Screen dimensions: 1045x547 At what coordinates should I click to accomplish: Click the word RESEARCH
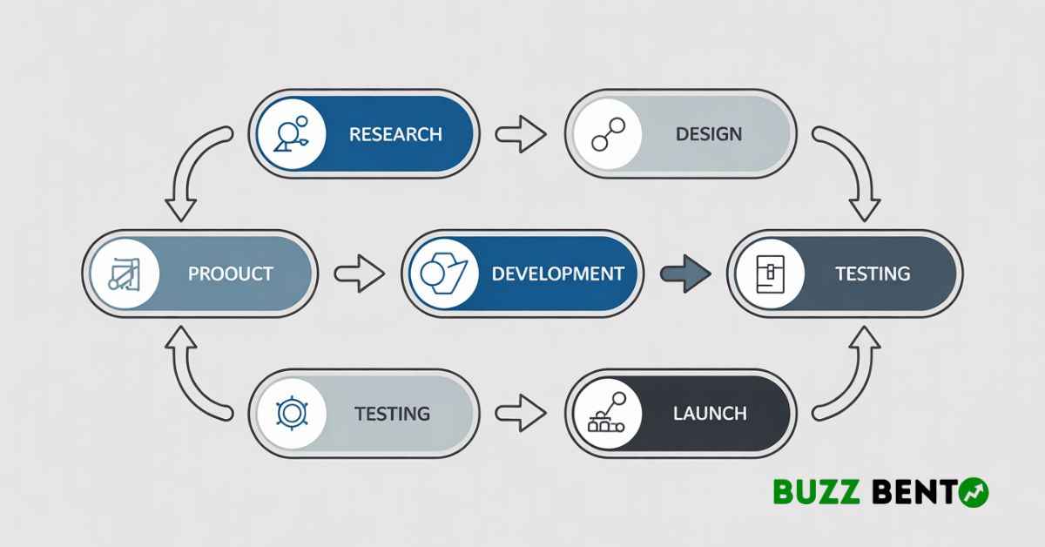pyautogui.click(x=395, y=134)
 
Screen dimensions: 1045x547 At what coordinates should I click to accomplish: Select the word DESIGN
pyautogui.click(x=709, y=134)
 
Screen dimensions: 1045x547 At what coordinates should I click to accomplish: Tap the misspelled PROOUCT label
pyautogui.click(x=231, y=274)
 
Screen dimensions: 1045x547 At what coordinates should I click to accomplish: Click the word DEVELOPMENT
pyautogui.click(x=558, y=274)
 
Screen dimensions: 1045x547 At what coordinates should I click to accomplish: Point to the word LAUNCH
pyautogui.click(x=710, y=414)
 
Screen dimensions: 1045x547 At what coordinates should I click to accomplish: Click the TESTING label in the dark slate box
pyautogui.click(x=873, y=274)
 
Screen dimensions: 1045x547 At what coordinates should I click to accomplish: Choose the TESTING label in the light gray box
pyautogui.click(x=393, y=414)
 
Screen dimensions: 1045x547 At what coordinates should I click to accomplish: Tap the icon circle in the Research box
pyautogui.click(x=292, y=134)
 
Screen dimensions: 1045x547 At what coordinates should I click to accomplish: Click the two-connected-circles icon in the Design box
pyautogui.click(x=608, y=134)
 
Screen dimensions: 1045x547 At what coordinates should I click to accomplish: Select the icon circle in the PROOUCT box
pyautogui.click(x=125, y=274)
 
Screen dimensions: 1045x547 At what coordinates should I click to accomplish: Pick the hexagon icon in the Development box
pyautogui.click(x=443, y=274)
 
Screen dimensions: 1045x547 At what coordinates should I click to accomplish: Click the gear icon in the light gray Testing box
pyautogui.click(x=292, y=413)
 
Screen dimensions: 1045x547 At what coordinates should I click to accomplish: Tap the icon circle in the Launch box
pyautogui.click(x=608, y=414)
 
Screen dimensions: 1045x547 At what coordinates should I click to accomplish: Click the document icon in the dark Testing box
pyautogui.click(x=770, y=274)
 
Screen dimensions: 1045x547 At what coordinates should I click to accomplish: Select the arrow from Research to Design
pyautogui.click(x=521, y=134)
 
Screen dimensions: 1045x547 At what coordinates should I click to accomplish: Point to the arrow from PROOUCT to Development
pyautogui.click(x=360, y=274)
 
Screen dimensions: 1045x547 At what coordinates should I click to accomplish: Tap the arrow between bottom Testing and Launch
pyautogui.click(x=521, y=413)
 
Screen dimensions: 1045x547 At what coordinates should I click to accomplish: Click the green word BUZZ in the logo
pyautogui.click(x=817, y=491)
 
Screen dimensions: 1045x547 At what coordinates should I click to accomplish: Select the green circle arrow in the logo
pyautogui.click(x=974, y=492)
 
